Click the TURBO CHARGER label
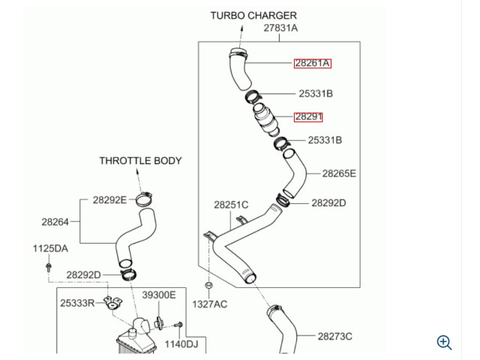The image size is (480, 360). pos(253,16)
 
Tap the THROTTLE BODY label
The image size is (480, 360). pos(140,160)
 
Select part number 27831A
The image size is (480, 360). pos(280,28)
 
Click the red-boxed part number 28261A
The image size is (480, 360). pos(312,63)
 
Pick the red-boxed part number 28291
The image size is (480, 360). pos(308,117)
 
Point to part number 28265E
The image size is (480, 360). pos(339,173)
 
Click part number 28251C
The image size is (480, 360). pos(231,205)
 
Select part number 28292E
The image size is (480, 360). pos(109,200)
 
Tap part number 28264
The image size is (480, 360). pos(55,222)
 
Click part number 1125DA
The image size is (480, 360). pos(50,248)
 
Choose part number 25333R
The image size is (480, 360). pos(77,303)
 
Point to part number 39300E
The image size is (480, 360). pos(159,295)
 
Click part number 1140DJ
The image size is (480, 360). pos(181,344)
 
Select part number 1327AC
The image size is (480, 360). pos(210,304)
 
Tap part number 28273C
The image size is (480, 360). pos(335,337)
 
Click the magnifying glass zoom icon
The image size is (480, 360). pos(445,343)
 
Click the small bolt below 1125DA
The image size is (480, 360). pos(48,267)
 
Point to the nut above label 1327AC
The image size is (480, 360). pos(208,285)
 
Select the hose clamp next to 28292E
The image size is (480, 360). pos(144,199)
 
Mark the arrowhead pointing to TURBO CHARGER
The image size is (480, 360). pos(241,28)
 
